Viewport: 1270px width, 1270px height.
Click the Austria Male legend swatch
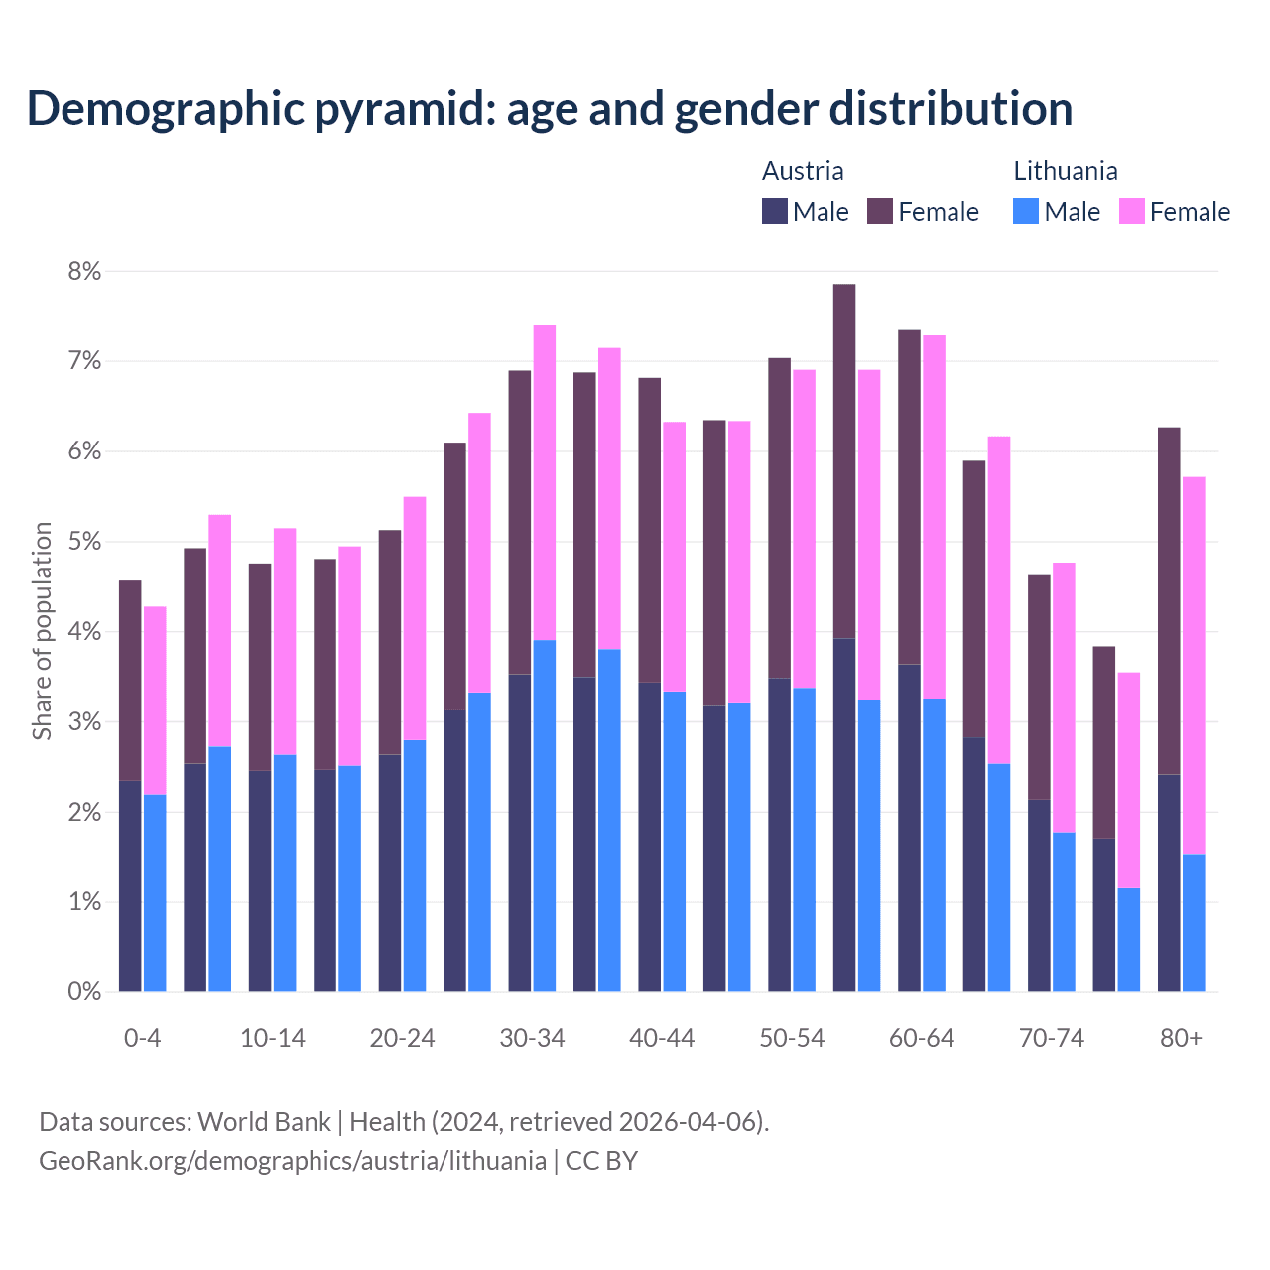coord(775,211)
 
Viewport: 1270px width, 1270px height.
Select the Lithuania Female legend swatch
coord(1131,211)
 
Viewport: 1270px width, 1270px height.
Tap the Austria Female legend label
coord(938,212)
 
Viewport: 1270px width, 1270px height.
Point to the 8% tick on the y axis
coord(83,271)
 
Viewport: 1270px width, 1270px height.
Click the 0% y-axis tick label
coord(83,991)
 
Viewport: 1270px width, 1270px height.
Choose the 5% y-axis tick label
coord(83,542)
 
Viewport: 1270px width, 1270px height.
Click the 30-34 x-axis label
coord(532,1038)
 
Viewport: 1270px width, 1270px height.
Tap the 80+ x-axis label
coord(1181,1038)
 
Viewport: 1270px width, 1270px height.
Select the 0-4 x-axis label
coord(142,1038)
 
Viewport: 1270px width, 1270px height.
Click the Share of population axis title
coord(42,631)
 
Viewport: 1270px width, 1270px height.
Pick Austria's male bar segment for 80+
coord(1169,882)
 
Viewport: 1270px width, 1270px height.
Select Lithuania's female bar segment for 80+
coord(1194,665)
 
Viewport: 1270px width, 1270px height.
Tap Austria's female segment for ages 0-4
coord(130,680)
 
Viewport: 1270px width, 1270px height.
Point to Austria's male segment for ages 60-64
coord(909,827)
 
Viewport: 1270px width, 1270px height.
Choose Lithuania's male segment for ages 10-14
coord(285,873)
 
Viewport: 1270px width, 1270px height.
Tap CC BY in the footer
coord(601,1160)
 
